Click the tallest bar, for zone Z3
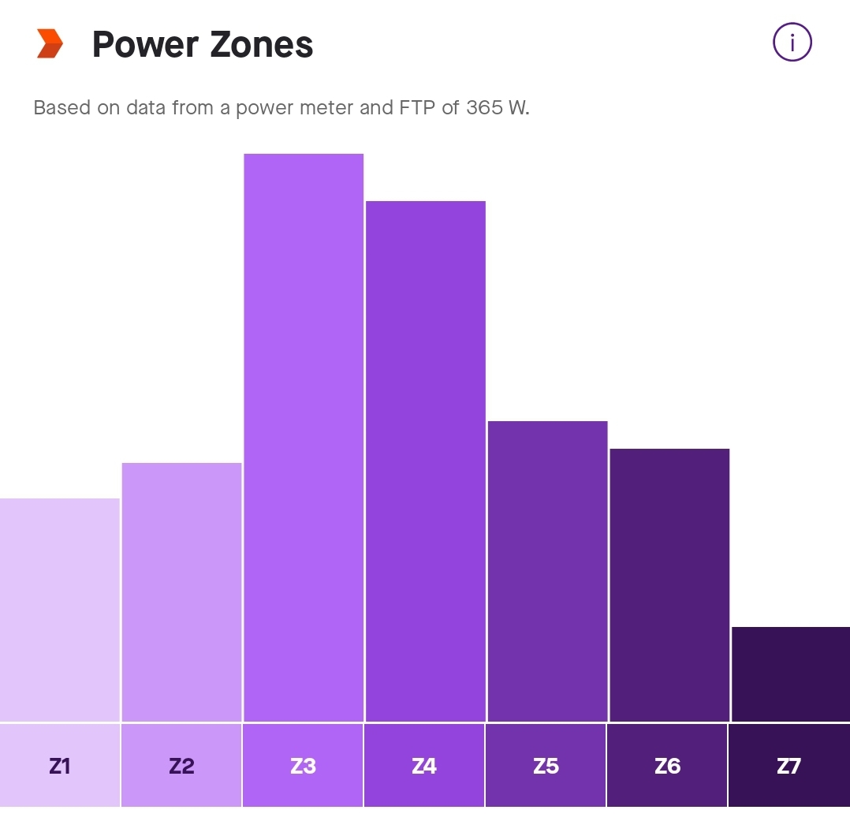pos(304,438)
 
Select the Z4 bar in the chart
pos(425,461)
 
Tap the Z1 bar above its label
pos(60,610)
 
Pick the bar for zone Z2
pos(181,591)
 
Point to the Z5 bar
pos(547,571)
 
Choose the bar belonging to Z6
pos(669,584)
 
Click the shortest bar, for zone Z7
pos(790,674)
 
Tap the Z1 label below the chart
pos(60,766)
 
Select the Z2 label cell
pos(181,766)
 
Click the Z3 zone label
pos(303,766)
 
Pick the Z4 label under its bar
pos(424,766)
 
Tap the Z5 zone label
pos(546,766)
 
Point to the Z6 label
pos(667,766)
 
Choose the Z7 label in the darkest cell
pos(788,766)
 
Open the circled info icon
pos(792,43)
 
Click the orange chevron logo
pos(49,43)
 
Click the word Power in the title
pos(144,45)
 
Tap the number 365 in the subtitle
pos(485,108)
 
